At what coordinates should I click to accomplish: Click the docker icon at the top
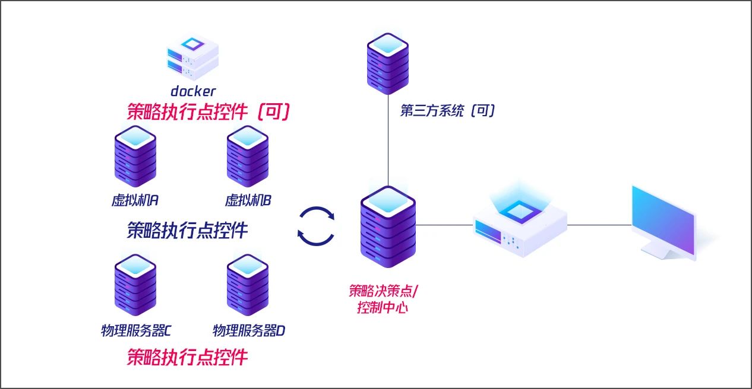pos(192,58)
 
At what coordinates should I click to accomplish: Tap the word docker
pos(193,91)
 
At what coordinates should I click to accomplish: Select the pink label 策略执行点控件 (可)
pos(208,111)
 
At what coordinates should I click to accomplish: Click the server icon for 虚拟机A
pos(135,157)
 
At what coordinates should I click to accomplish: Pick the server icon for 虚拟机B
pos(248,157)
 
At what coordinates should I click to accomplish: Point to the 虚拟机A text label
pos(135,200)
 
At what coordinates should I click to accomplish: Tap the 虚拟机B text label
pos(248,200)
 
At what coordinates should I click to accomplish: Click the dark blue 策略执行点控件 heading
pos(187,230)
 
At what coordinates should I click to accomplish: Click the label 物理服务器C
pos(136,331)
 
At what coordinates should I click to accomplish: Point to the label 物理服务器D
pos(249,331)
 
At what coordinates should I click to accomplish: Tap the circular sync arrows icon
pos(316,225)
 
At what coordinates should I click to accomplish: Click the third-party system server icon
pos(388,62)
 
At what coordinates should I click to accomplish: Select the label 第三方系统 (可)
pos(447,111)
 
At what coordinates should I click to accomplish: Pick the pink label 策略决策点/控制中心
pos(383,299)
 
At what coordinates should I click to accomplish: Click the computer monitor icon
pos(665,222)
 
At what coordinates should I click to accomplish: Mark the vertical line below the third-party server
pos(388,142)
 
